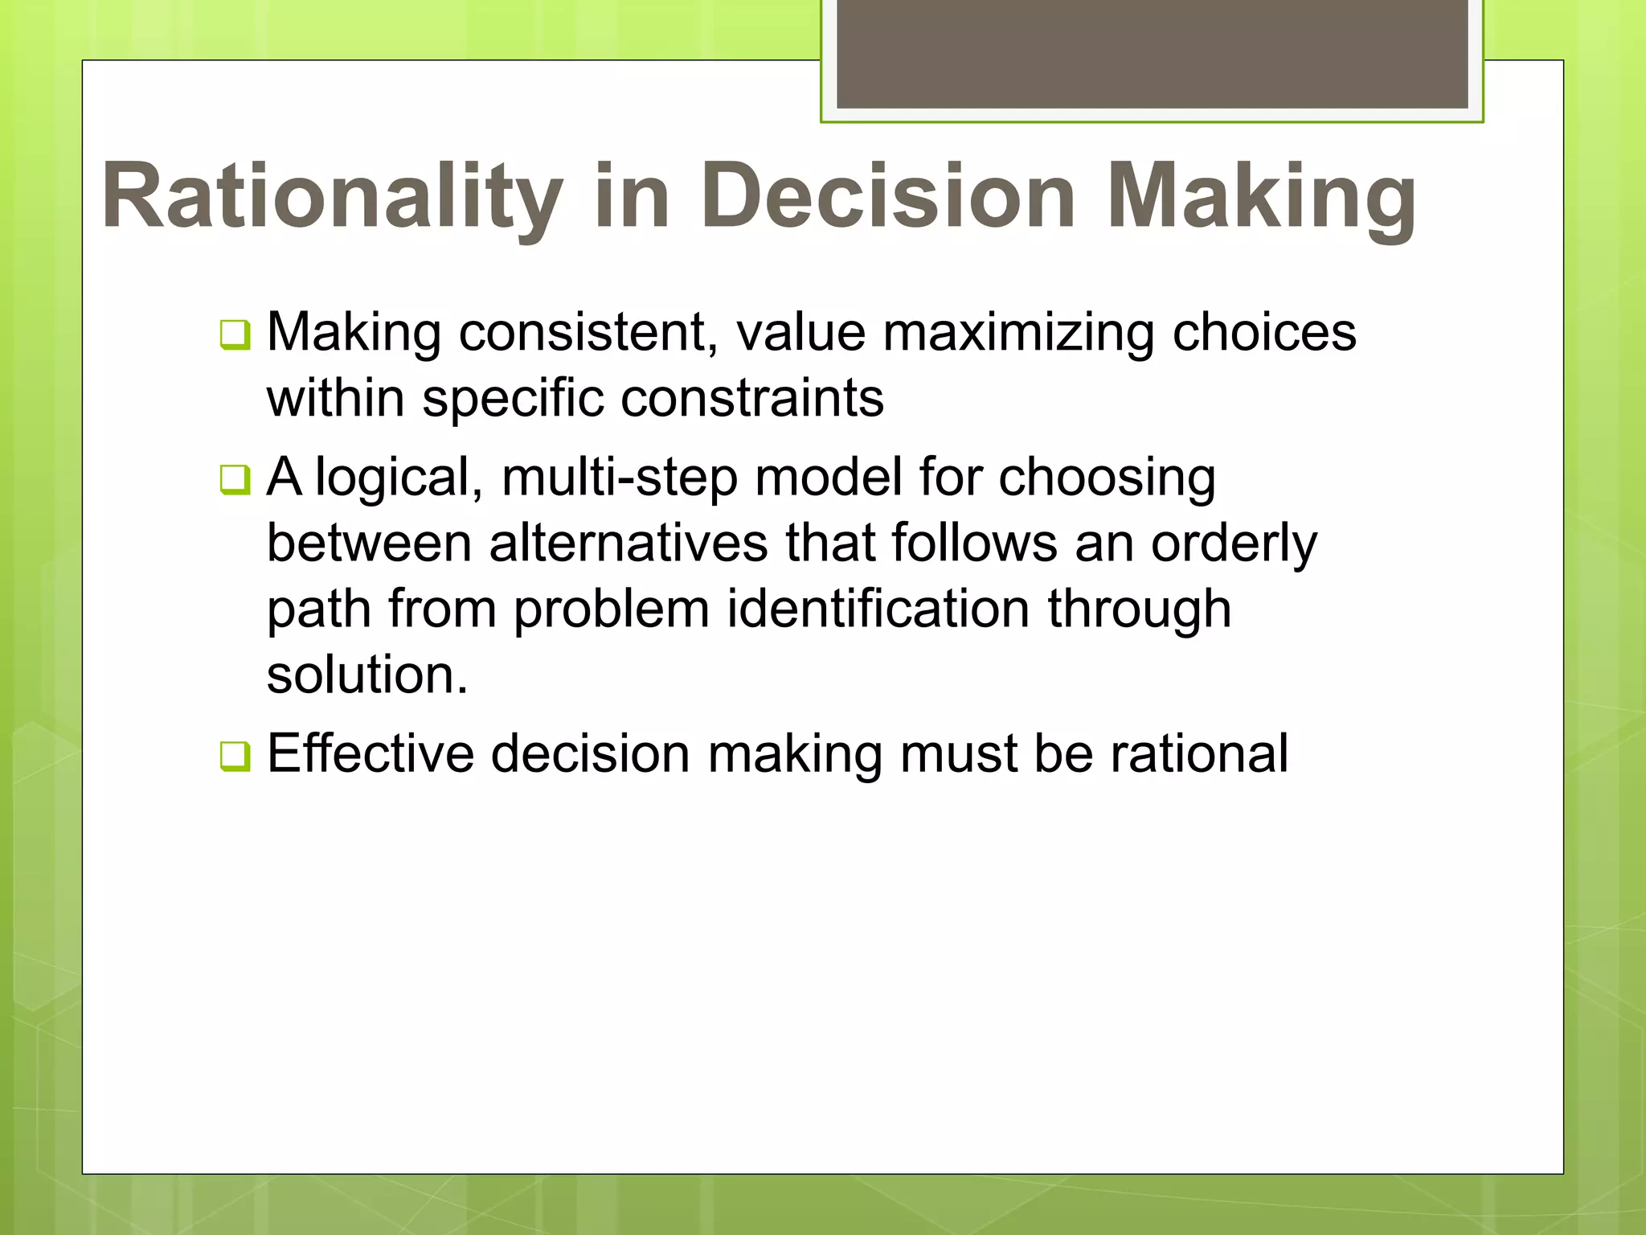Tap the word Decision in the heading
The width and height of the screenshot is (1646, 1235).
pos(887,197)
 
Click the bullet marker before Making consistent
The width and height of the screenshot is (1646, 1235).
pos(235,334)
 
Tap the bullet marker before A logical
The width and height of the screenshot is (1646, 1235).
pos(235,480)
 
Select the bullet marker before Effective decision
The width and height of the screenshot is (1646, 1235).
pos(235,756)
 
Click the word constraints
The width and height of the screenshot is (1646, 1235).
pos(752,398)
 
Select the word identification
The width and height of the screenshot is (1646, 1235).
pos(878,609)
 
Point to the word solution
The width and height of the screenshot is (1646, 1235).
pos(366,675)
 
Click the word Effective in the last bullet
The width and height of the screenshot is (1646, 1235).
pos(371,754)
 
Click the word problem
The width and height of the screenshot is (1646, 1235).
pos(612,610)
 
